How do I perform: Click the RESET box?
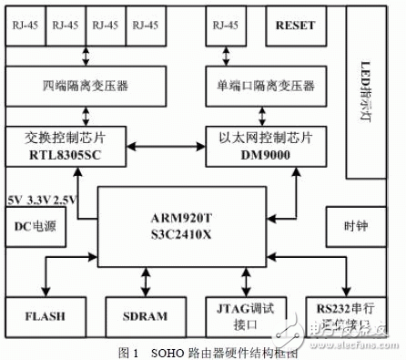pos(295,27)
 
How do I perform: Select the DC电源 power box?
pos(36,224)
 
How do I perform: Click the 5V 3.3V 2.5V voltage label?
pos(40,198)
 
